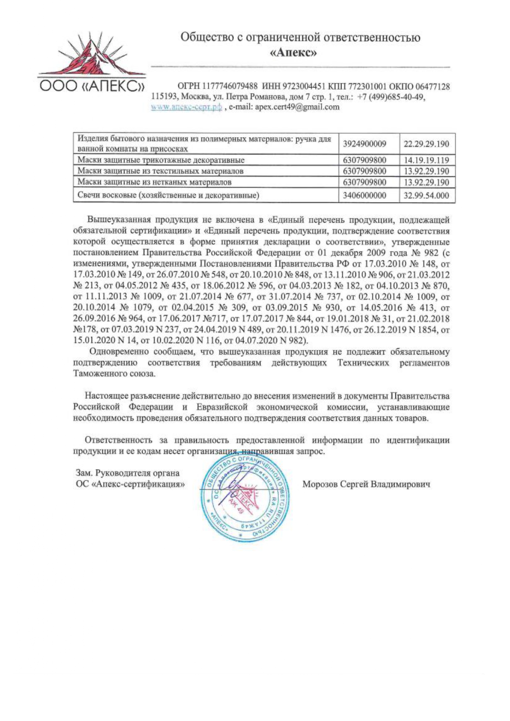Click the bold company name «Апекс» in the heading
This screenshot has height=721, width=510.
[x=293, y=53]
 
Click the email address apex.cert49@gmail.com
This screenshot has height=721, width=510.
[x=297, y=107]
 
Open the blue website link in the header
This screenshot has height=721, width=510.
[x=187, y=107]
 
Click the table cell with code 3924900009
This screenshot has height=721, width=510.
[x=365, y=144]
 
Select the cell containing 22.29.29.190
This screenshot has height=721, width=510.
[x=426, y=144]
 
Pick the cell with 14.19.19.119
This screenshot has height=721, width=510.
[x=426, y=160]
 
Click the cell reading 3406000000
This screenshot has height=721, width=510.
[x=365, y=196]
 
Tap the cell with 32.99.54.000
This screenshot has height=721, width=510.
[x=426, y=196]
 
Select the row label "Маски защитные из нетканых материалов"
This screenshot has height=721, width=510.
[x=155, y=182]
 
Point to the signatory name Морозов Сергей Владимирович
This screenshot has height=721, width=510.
[x=366, y=484]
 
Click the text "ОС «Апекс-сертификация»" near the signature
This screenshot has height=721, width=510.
[x=130, y=484]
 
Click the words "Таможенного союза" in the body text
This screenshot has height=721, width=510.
[x=114, y=374]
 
